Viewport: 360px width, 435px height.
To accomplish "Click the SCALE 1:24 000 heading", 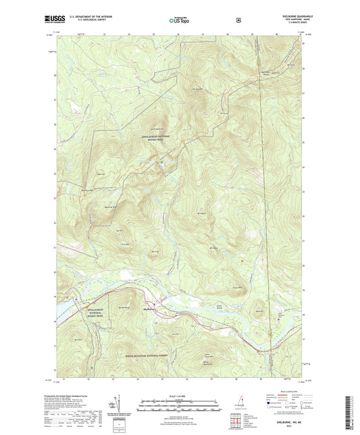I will tap(180, 396).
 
